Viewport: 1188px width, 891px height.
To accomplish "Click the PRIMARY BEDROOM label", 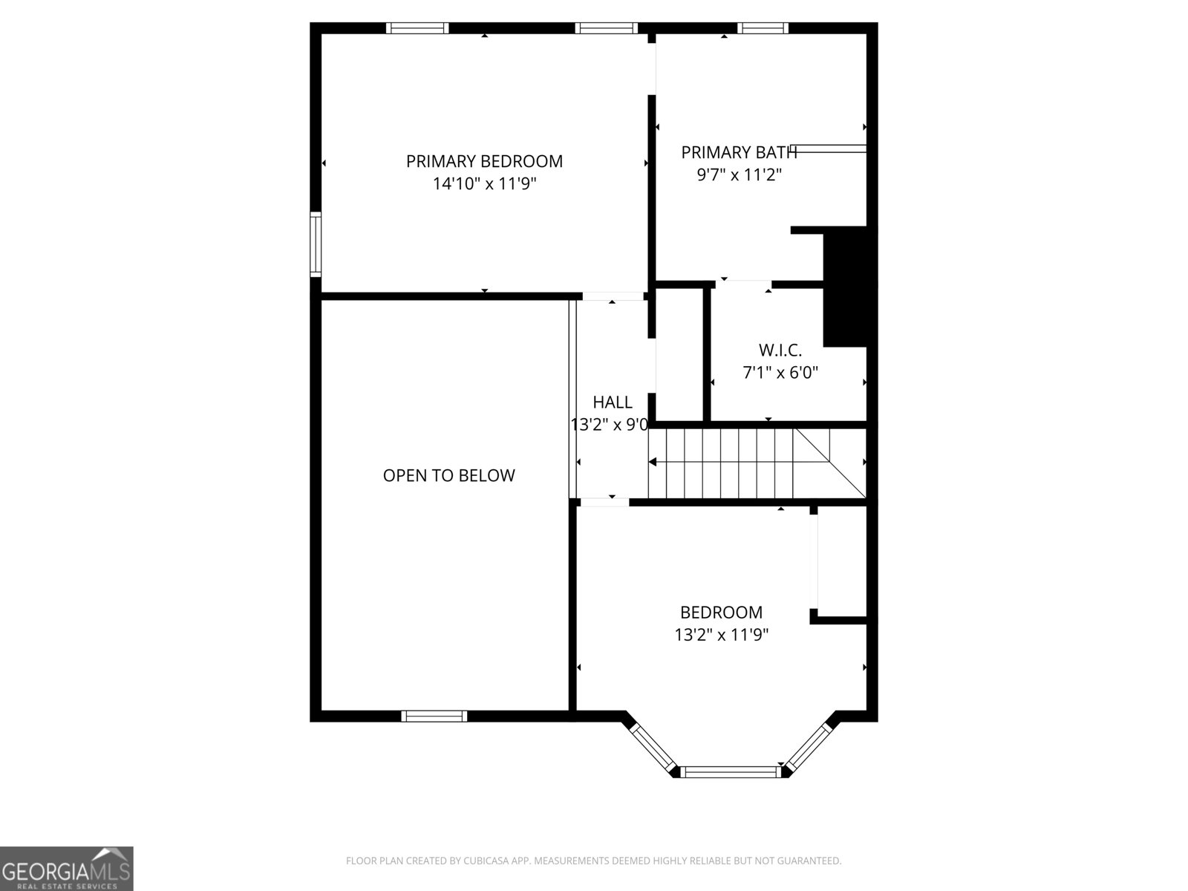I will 484,161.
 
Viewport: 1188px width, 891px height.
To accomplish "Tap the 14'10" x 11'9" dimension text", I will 484,184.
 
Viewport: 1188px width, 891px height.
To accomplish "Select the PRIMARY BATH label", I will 739,152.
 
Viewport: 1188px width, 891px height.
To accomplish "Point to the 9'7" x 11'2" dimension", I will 739,175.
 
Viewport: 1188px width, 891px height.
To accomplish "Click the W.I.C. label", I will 780,350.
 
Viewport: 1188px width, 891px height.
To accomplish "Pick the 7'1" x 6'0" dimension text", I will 780,373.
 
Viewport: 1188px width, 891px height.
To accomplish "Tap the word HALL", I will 613,402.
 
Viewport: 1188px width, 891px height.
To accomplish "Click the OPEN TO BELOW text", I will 448,475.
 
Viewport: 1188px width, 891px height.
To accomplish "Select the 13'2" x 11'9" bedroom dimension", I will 721,635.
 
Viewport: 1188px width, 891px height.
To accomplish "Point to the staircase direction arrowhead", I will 653,462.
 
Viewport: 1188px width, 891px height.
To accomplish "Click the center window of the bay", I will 731,772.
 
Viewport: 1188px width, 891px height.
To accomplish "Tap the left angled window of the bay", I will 653,747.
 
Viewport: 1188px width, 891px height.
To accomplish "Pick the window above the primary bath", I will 763,28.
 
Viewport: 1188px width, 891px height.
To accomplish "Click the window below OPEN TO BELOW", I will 434,716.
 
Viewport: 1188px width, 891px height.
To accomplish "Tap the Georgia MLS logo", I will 66,868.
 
